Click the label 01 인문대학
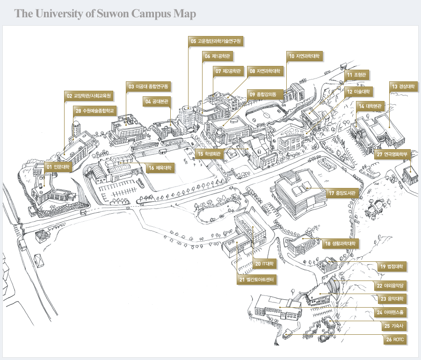point(58,167)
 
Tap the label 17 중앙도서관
point(342,193)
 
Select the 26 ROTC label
point(395,339)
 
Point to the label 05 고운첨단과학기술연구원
point(216,41)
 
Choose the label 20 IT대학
point(264,264)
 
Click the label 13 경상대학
point(403,86)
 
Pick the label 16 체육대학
point(160,168)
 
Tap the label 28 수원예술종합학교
point(94,111)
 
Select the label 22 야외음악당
point(390,286)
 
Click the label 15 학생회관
point(209,154)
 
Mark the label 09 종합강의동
point(263,94)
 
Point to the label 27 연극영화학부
point(392,154)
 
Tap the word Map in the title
point(185,14)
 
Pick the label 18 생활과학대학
point(340,244)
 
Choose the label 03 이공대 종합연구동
point(148,86)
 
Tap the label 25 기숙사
point(394,326)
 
